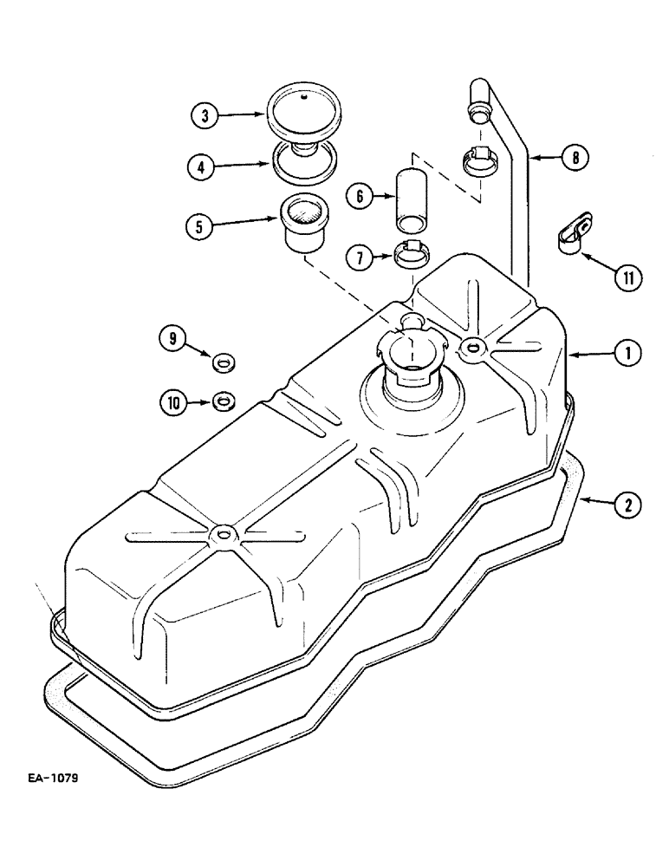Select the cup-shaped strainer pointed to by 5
302,222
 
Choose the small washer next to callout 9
222,360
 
